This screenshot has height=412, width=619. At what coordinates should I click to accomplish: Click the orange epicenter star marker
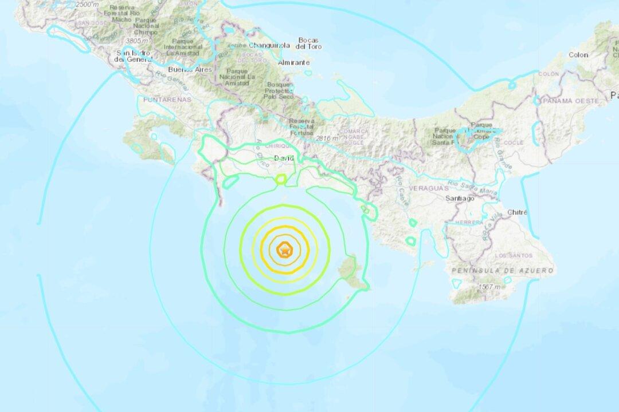tap(284, 250)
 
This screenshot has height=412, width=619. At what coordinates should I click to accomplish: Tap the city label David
tap(284, 158)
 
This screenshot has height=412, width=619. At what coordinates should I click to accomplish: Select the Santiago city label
tap(460, 198)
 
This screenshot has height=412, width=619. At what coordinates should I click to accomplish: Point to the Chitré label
tap(516, 212)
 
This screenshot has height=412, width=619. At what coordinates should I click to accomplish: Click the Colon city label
tap(578, 55)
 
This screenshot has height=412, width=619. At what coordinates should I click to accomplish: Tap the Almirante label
tap(293, 62)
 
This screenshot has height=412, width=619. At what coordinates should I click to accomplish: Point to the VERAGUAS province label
tap(427, 187)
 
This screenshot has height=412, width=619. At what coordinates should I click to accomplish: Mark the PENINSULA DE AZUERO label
tap(502, 270)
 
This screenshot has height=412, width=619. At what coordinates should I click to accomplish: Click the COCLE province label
tap(514, 142)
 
